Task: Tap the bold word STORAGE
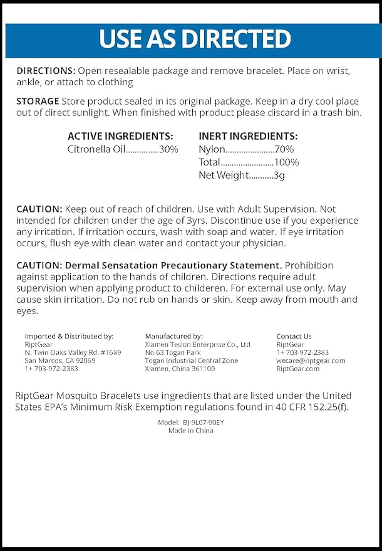tap(38, 101)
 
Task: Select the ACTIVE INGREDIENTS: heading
tap(120, 136)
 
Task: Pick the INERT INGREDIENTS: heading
tap(248, 136)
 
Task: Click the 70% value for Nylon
tap(284, 149)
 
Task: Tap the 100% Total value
tap(287, 162)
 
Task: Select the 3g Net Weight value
tap(279, 176)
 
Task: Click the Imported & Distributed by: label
tap(69, 337)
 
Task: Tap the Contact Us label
tap(294, 337)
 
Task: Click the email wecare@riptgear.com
tap(311, 360)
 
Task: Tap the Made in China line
tap(191, 431)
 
